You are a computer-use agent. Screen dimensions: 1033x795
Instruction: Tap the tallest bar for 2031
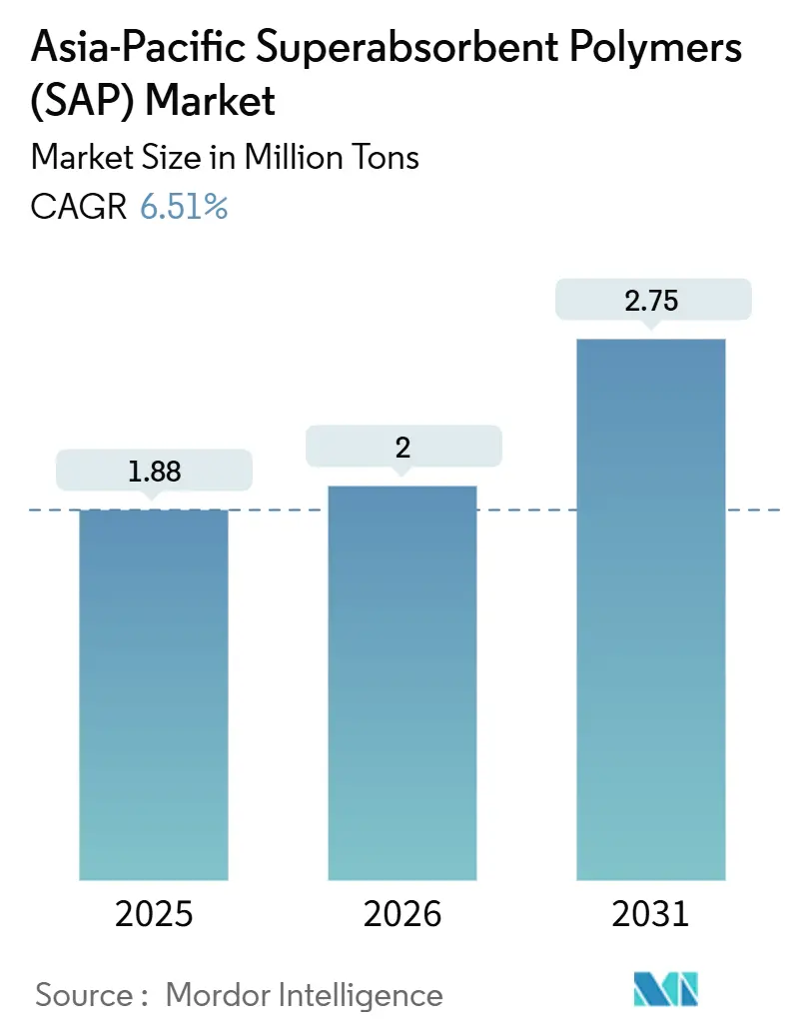(x=650, y=609)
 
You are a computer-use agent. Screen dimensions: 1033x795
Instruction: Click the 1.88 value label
(x=155, y=471)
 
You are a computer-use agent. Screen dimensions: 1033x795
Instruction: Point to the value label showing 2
(x=402, y=447)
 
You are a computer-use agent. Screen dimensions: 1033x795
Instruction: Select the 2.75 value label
(x=651, y=300)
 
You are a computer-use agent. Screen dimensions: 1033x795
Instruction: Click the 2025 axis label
(x=154, y=914)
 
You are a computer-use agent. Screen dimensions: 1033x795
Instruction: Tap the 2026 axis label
(x=402, y=914)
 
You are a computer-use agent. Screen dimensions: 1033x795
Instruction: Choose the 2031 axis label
(x=650, y=914)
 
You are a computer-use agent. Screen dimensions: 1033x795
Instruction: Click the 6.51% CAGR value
(x=184, y=207)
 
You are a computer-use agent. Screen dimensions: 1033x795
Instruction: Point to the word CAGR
(x=79, y=207)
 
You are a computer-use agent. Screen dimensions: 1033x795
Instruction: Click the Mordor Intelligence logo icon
(x=666, y=989)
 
